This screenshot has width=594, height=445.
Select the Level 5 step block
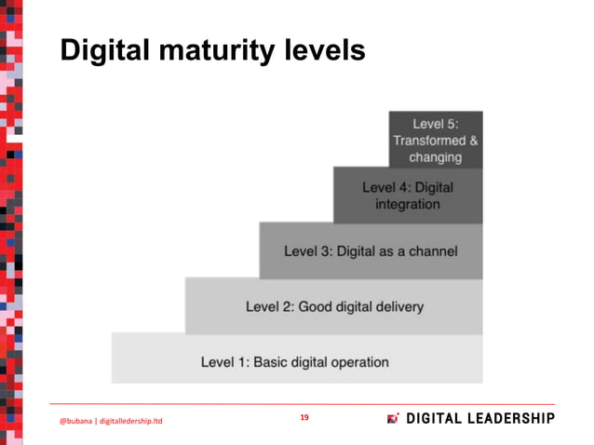(x=436, y=140)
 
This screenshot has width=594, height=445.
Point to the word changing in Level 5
(x=436, y=157)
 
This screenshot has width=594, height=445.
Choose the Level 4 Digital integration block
(x=408, y=196)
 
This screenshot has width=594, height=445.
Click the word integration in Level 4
(x=408, y=204)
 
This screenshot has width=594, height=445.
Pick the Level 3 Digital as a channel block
(x=371, y=251)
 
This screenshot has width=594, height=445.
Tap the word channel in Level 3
(x=431, y=251)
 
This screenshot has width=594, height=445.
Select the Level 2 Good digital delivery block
(x=334, y=306)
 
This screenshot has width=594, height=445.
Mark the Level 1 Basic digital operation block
(x=296, y=360)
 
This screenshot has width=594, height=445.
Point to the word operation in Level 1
(x=358, y=361)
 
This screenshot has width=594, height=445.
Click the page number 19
(x=304, y=418)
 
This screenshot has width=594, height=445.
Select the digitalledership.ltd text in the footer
(x=131, y=422)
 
